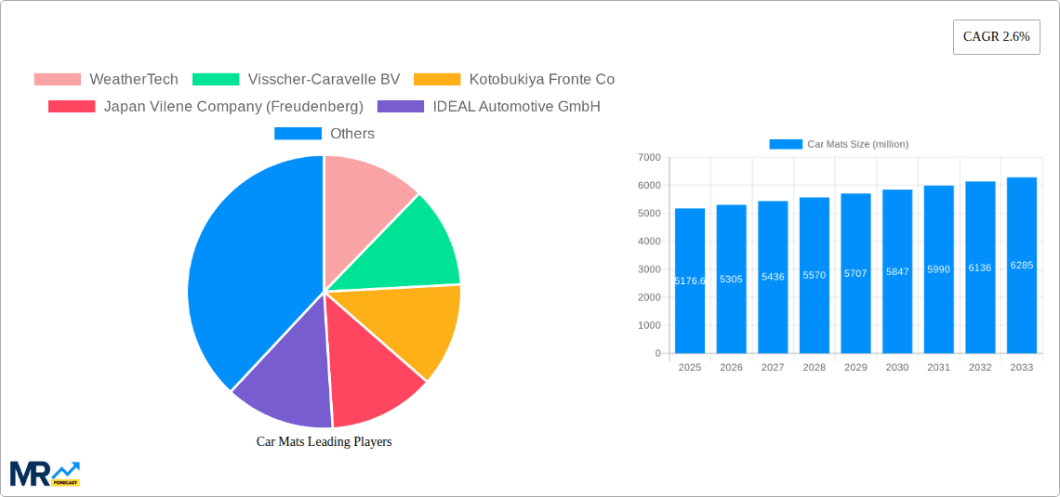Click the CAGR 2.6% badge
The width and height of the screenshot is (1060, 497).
pos(996,37)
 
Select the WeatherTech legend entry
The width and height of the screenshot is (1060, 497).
pos(106,79)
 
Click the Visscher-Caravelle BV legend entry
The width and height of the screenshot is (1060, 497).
pos(298,79)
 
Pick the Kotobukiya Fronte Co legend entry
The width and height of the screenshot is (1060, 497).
pos(514,79)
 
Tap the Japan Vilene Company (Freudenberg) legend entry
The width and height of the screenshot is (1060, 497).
pos(206,106)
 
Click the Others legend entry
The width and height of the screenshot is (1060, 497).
pos(325,133)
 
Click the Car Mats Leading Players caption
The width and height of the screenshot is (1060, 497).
pos(324,441)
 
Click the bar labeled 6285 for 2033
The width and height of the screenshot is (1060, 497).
pos(1021,265)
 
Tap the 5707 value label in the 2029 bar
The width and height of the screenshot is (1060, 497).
pos(855,274)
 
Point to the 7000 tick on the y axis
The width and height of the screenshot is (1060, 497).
pos(649,158)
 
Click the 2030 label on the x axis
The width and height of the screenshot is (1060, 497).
pos(897,367)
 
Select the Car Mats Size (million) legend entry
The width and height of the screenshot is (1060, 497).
pos(839,144)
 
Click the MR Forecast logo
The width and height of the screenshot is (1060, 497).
pos(45,473)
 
